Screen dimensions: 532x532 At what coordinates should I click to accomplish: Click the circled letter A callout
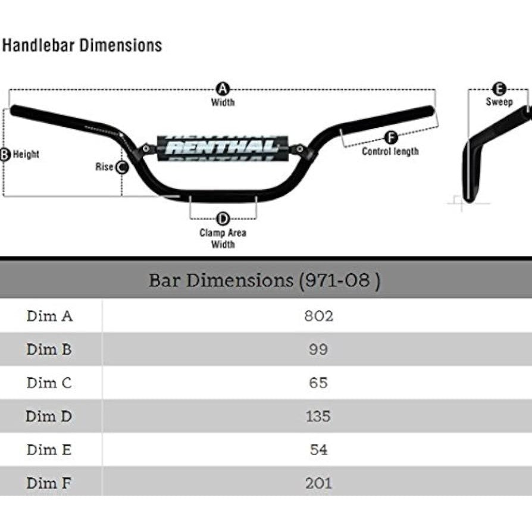point(223,89)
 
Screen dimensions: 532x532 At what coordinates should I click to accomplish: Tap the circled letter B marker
point(5,155)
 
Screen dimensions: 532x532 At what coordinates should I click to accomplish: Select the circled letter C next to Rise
point(121,167)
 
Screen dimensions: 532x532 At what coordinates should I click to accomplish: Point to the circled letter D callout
point(223,218)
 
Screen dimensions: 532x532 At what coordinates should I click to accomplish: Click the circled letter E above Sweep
point(499,89)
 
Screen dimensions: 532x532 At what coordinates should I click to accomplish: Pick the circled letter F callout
point(391,138)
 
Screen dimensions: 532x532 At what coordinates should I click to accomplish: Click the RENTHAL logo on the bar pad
point(222,146)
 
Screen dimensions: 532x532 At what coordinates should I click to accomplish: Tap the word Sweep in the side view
point(499,102)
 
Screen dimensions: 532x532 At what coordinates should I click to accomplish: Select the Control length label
point(390,151)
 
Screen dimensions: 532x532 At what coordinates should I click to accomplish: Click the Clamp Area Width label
point(223,239)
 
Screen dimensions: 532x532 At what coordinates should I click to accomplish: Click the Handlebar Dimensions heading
point(83,45)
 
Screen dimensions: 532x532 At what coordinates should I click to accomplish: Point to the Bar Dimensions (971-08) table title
point(265,280)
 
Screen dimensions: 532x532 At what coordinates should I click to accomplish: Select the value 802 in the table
point(318,316)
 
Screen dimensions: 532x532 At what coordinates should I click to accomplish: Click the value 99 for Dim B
point(318,349)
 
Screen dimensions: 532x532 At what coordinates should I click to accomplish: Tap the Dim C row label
point(49,383)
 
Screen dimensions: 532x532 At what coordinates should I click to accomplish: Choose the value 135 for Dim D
point(318,416)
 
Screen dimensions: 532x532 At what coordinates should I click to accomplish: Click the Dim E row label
point(49,449)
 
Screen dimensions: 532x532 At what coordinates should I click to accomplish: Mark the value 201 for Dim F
point(318,483)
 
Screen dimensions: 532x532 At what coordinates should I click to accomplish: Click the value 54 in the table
point(318,449)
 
